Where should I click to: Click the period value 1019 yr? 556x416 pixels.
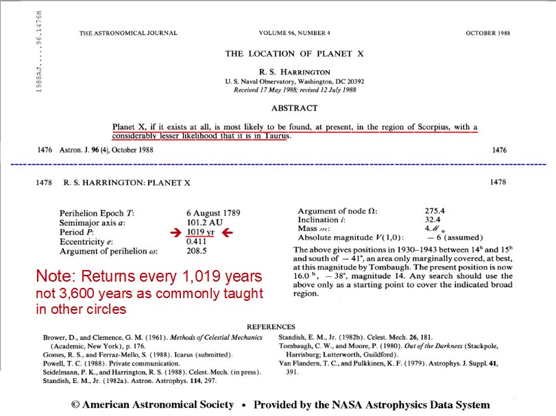(x=200, y=233)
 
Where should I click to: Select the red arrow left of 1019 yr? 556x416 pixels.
(x=176, y=233)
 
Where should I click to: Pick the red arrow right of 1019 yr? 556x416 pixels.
(x=226, y=233)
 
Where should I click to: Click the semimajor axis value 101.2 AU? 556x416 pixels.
(x=204, y=223)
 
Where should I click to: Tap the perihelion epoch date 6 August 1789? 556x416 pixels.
(x=213, y=213)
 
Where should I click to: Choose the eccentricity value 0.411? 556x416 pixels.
(x=197, y=242)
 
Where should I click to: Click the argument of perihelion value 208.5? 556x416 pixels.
(x=197, y=252)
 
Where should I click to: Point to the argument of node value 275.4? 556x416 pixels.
(x=435, y=210)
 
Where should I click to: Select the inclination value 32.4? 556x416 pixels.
(x=433, y=219)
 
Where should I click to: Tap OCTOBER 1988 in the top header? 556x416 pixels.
(x=492, y=33)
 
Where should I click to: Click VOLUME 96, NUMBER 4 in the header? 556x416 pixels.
(x=295, y=33)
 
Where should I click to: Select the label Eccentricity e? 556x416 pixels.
(x=86, y=242)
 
